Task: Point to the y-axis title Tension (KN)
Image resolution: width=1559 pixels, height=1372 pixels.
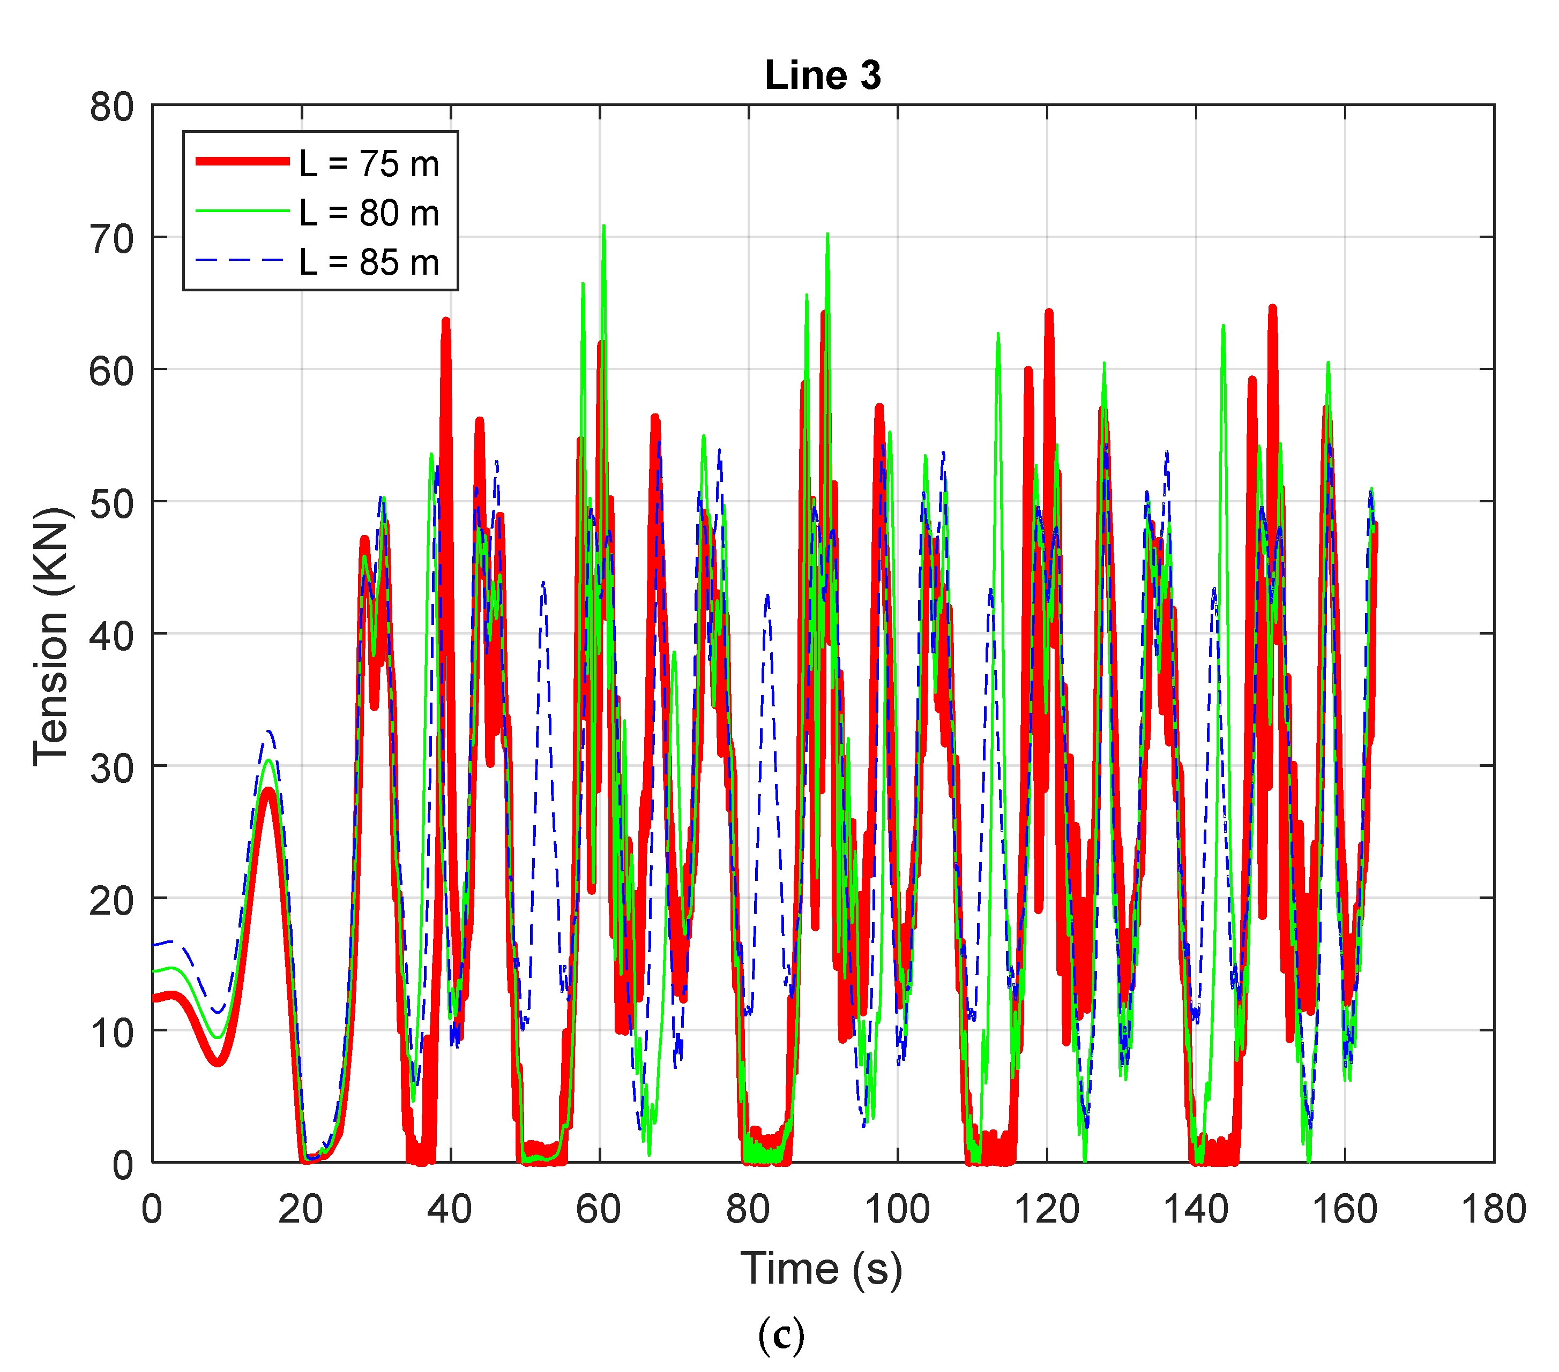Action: coord(52,636)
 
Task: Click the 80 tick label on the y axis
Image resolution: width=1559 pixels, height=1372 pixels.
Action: coord(111,107)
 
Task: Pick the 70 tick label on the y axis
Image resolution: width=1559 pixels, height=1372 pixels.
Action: coord(111,239)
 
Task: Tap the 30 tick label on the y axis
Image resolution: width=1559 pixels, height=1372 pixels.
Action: coord(111,767)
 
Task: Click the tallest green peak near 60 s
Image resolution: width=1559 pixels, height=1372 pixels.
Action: coord(603,227)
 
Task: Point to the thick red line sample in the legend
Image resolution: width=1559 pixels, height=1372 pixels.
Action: coord(243,161)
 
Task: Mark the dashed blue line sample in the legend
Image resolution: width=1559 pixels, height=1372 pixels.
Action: coord(243,260)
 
